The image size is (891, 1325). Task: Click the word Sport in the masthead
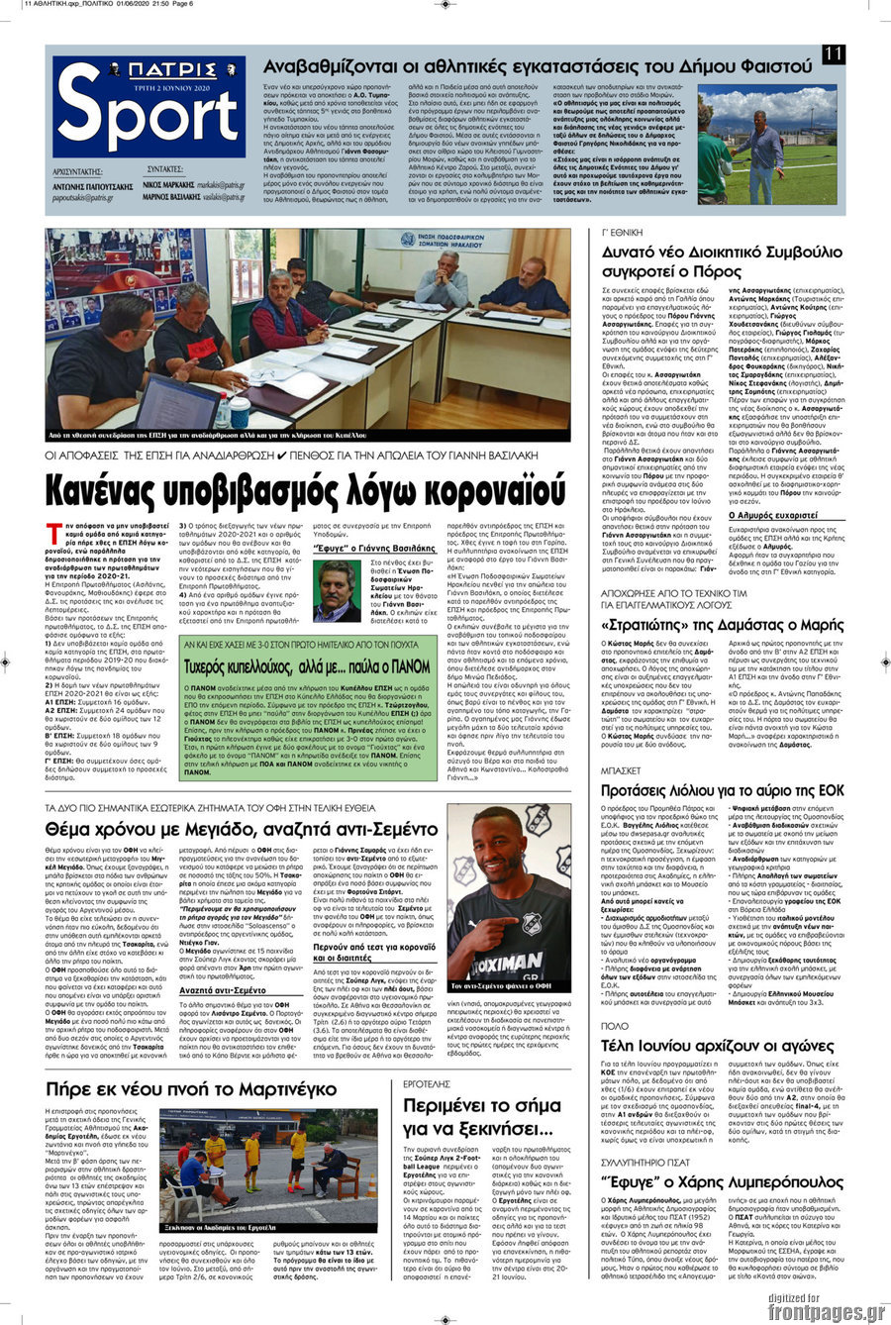tap(148, 121)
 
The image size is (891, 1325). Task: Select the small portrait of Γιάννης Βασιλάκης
tap(337, 590)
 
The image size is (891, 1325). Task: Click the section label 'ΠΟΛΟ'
tap(615, 1027)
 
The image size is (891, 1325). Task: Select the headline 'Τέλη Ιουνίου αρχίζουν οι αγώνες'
tap(704, 1046)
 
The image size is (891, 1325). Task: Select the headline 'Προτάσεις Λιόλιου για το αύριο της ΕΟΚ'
tap(709, 790)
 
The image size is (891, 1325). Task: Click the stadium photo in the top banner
tap(767, 144)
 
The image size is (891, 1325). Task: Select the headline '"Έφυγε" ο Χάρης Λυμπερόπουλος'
tap(708, 1182)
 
